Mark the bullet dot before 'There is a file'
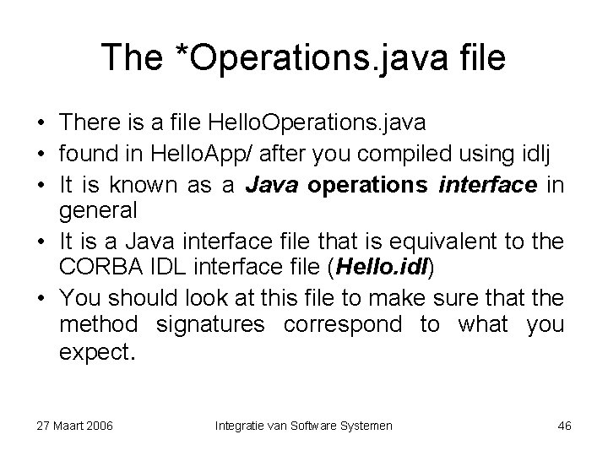coord(41,122)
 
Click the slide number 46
coord(564,426)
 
